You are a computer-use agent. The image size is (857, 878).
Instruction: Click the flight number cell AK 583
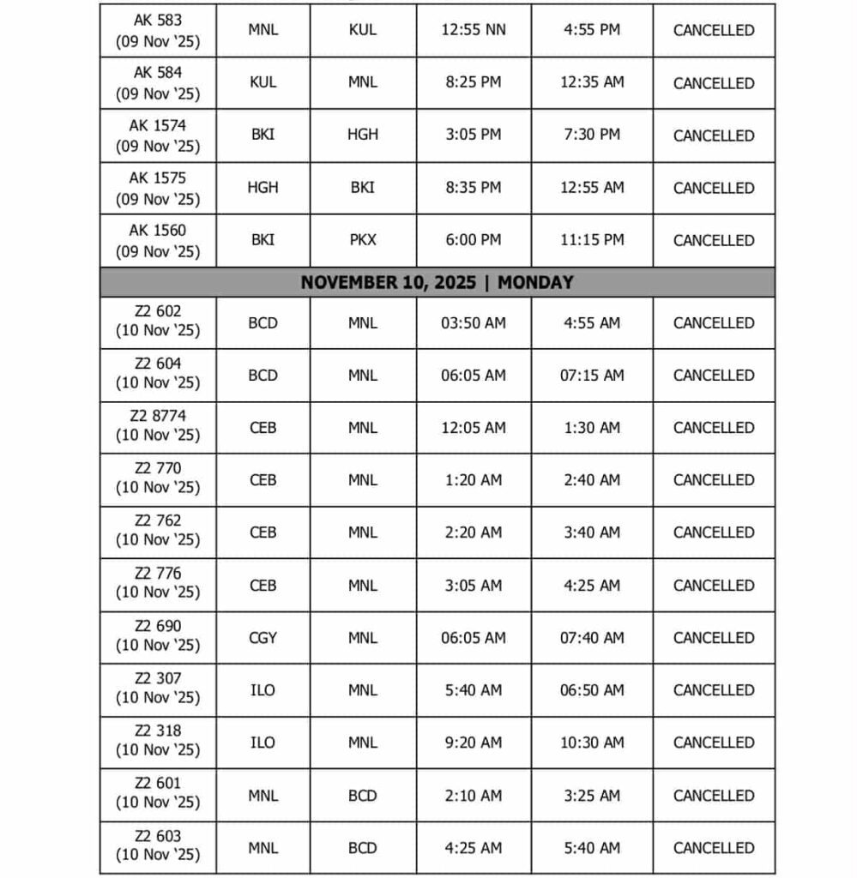(158, 30)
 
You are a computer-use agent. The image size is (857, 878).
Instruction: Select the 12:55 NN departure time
(474, 30)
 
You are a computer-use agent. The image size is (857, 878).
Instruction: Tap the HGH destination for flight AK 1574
(363, 135)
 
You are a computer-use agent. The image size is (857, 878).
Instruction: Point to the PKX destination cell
(363, 240)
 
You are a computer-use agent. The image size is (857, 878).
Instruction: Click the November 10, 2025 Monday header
(437, 282)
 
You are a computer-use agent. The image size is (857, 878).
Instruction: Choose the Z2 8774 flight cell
(158, 426)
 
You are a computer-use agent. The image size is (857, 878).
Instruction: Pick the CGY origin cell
(263, 638)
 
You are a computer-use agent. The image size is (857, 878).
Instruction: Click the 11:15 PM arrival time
(592, 240)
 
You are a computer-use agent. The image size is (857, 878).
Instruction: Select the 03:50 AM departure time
(474, 323)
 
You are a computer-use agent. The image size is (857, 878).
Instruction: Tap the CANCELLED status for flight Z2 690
(714, 638)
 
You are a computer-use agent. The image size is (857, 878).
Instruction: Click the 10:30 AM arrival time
(592, 743)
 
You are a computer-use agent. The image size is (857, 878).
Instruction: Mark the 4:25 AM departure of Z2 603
(474, 848)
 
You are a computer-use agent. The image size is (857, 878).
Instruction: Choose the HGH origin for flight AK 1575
(263, 187)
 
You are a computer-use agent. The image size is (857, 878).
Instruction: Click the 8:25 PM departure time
(474, 82)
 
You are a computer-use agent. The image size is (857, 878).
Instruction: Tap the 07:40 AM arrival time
(592, 638)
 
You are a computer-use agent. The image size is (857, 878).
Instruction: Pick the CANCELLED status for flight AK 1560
(714, 241)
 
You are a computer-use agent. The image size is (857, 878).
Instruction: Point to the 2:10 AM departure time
(474, 796)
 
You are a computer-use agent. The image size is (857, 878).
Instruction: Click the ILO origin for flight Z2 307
(263, 690)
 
